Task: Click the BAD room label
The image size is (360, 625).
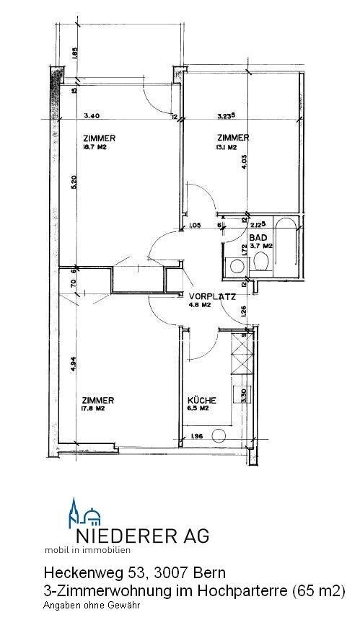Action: (x=258, y=236)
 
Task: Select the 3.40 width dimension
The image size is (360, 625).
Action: (x=92, y=115)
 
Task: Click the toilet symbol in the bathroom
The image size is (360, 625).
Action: (x=261, y=265)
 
